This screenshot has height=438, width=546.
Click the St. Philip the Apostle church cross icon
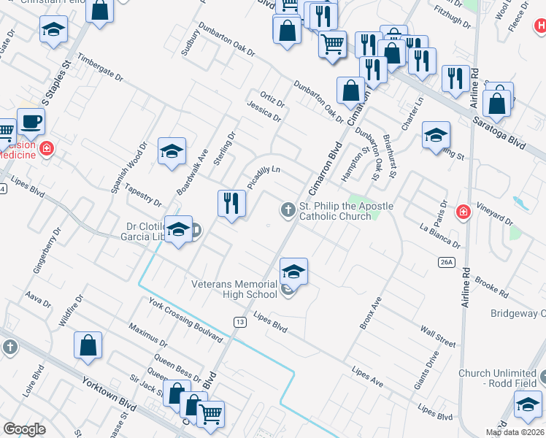point(288,211)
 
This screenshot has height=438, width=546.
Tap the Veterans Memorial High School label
point(234,289)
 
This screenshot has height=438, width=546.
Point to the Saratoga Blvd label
point(499,132)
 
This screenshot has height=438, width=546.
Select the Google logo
point(25,429)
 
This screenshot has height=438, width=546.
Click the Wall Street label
point(437,338)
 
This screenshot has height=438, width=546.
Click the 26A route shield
point(447,261)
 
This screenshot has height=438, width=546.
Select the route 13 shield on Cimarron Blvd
point(239,322)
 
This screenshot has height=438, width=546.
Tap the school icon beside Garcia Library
point(177,230)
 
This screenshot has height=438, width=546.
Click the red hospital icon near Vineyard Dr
point(462,212)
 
